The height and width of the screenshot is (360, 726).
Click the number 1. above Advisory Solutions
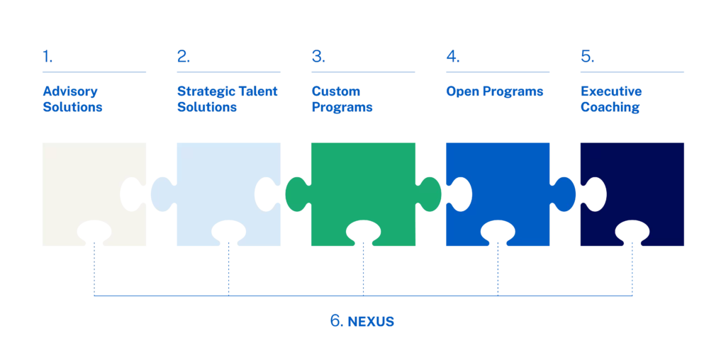tap(48, 57)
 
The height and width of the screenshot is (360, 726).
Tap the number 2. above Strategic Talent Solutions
tap(184, 57)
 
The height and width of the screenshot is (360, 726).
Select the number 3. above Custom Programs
tap(318, 57)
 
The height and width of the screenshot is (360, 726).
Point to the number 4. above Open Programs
tap(453, 57)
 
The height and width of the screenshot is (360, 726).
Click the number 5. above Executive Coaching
tap(588, 57)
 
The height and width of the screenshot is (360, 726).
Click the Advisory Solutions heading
tap(73, 99)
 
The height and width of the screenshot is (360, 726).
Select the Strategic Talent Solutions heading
tap(228, 99)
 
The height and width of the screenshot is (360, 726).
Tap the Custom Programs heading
tap(342, 99)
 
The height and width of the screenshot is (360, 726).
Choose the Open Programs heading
tap(494, 91)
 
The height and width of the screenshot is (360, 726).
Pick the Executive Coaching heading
tap(611, 99)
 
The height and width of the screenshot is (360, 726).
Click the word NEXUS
tap(370, 322)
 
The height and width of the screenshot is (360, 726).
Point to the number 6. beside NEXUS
tap(337, 321)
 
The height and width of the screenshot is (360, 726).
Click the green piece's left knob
tap(296, 194)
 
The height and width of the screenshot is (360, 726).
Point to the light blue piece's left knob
tap(162, 194)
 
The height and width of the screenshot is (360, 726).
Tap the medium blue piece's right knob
tap(565, 194)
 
